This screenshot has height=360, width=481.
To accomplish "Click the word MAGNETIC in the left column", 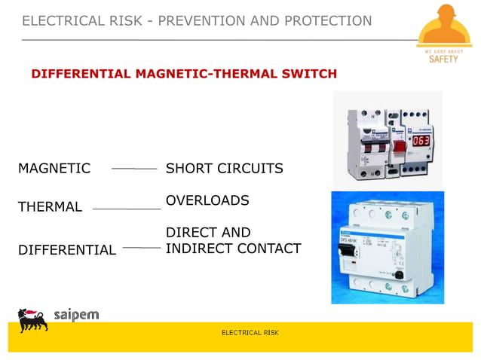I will click(x=54, y=169).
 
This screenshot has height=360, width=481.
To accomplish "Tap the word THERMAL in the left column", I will click(x=50, y=207).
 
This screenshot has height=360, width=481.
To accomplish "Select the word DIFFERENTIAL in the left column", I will click(x=67, y=250).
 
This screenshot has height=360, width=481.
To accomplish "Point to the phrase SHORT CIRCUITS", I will click(x=224, y=169).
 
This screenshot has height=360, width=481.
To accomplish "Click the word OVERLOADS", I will click(x=207, y=201).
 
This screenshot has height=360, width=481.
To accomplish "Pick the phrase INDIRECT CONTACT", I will click(x=233, y=249).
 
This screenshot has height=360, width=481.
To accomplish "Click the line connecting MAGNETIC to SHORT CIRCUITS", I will click(x=134, y=169).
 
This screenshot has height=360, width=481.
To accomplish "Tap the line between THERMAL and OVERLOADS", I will click(x=126, y=208).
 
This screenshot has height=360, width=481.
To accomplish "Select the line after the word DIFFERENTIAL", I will click(x=142, y=247).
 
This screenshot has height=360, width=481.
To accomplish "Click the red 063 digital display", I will click(x=420, y=141).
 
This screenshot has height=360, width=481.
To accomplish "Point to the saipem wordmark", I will click(x=76, y=315).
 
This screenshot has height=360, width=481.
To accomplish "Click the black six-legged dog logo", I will click(x=32, y=319).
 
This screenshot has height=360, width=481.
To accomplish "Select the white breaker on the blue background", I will click(x=386, y=249).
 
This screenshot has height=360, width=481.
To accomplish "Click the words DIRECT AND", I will click(x=208, y=233).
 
